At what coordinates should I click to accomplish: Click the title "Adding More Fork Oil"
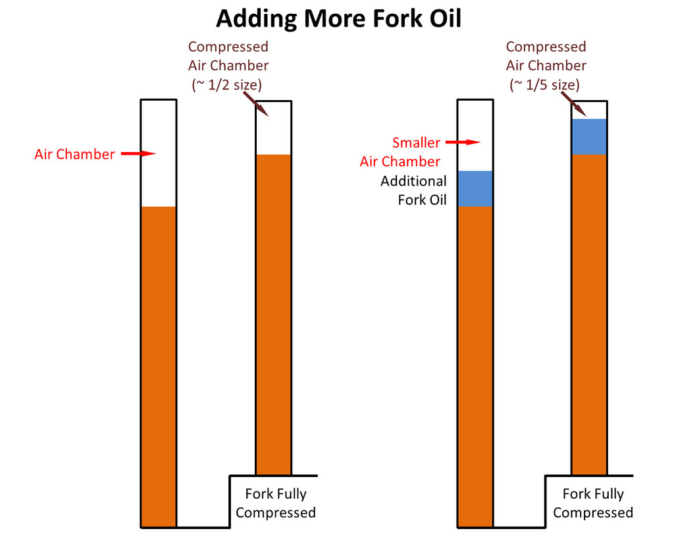338,18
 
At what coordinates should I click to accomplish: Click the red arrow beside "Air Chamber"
138,154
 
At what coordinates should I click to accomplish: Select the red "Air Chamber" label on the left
74,155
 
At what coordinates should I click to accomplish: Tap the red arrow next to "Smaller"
461,141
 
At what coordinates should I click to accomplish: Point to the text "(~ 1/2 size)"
228,84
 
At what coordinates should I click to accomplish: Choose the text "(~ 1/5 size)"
545,84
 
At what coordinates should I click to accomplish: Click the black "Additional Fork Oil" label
413,190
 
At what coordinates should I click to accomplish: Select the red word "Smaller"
416,142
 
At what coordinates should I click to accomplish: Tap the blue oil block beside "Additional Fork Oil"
475,189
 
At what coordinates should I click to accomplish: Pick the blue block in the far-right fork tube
589,137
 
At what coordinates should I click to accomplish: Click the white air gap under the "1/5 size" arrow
590,110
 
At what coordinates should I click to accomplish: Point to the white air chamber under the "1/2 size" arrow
274,128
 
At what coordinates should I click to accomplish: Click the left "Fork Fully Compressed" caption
276,503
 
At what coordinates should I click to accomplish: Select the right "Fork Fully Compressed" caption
592,503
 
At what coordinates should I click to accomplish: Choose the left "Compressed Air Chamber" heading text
228,56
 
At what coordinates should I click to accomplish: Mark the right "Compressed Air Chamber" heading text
546,56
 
